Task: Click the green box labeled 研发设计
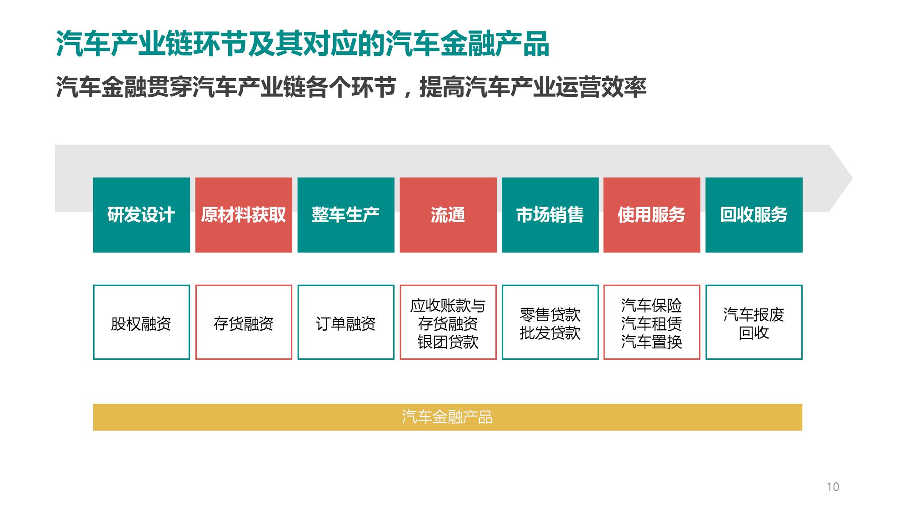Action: coord(141,215)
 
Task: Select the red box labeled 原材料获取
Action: coord(244,215)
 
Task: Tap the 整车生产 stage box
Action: coord(346,215)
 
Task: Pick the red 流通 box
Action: coord(448,215)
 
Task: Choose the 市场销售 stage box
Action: coord(550,215)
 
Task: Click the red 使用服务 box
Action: coord(652,215)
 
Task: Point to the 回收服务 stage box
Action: coord(754,215)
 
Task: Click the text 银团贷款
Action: coord(448,342)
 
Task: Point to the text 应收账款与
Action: coord(448,306)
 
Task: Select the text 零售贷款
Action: coord(550,314)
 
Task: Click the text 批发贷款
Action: coord(550,333)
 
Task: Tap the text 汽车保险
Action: coord(652,305)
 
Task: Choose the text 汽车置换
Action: coord(652,342)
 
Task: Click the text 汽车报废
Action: coord(754,314)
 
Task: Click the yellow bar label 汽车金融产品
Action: coord(447,417)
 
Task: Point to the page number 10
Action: coord(833,487)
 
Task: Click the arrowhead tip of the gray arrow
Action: coord(853,178)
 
